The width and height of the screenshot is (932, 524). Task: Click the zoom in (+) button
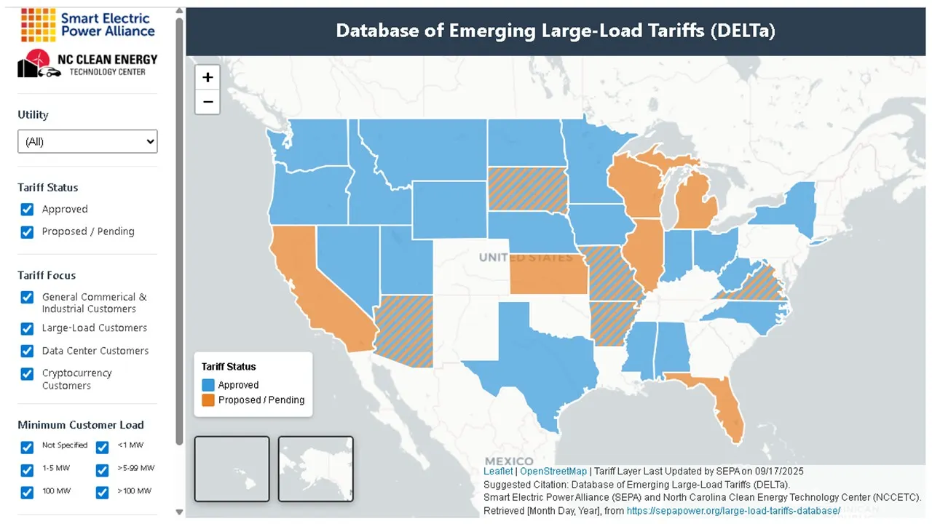click(x=208, y=77)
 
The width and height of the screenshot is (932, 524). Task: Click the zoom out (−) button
click(x=208, y=102)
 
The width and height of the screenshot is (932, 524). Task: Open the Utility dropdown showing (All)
click(x=87, y=141)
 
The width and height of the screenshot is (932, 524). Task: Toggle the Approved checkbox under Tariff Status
click(x=27, y=210)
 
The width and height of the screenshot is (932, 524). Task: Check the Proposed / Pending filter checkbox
click(x=27, y=232)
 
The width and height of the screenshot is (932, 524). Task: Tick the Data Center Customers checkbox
click(x=27, y=351)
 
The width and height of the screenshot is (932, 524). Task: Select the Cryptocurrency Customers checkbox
click(x=27, y=374)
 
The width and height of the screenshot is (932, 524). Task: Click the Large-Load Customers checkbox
click(x=27, y=328)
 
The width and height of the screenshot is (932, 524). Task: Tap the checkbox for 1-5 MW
click(x=27, y=469)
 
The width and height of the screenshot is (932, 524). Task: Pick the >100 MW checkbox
click(x=103, y=492)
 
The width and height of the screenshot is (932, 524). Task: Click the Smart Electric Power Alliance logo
click(x=87, y=25)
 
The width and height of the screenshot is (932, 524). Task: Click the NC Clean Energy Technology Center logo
click(x=87, y=64)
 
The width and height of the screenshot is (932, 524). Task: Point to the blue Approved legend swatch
click(x=208, y=385)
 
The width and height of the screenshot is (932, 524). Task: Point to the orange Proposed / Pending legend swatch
click(x=208, y=400)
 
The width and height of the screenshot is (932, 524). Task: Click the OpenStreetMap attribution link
click(x=553, y=472)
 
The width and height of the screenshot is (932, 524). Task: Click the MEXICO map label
click(x=509, y=461)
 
